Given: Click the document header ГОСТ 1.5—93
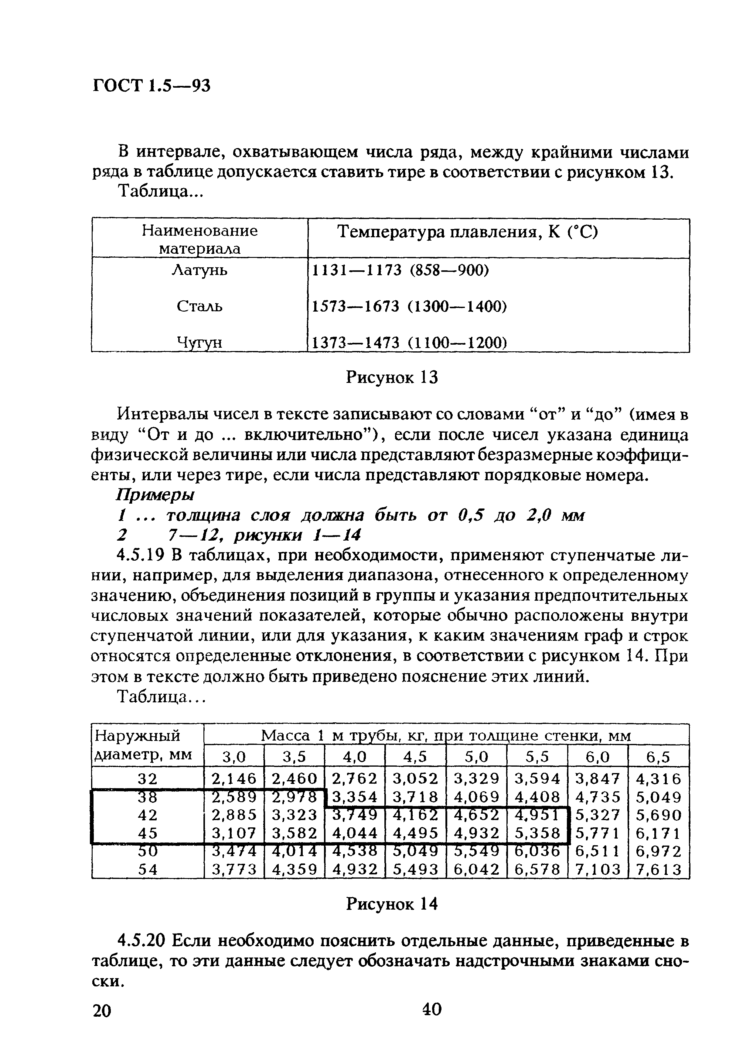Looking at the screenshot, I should tap(152, 85).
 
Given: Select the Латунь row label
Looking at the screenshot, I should tap(200, 270).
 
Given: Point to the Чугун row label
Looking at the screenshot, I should tap(200, 343).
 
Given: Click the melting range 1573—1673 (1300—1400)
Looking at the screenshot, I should tap(408, 306).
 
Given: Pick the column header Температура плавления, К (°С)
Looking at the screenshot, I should tap(467, 232).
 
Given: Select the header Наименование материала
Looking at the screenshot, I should tap(200, 239).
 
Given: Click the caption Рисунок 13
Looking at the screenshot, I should tap(392, 378).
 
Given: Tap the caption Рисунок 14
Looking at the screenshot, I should tap(392, 904).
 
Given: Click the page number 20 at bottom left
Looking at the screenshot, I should tap(102, 1011).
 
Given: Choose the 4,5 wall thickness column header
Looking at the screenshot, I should tap(415, 758).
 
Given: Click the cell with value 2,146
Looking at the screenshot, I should tap(234, 778).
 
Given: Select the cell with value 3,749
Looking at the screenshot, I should tap(355, 815).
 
